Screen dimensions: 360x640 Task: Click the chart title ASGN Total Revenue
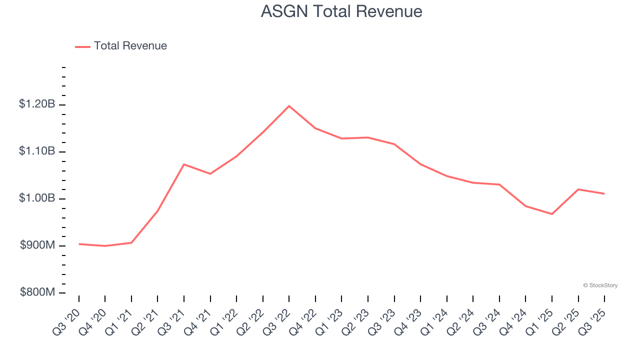[x=341, y=11]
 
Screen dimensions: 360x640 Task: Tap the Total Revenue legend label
[x=130, y=46]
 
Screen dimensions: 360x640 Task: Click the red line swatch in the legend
[x=82, y=46]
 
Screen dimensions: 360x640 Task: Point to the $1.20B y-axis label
[x=37, y=104]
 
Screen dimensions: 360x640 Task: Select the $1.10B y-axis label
[x=37, y=151]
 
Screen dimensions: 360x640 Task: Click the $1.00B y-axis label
[x=37, y=198]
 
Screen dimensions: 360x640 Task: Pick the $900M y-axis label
[x=37, y=245]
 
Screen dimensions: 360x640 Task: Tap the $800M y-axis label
[x=37, y=292]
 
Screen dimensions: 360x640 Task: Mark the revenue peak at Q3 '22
[x=289, y=106]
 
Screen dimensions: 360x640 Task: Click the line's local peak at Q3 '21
[x=184, y=164]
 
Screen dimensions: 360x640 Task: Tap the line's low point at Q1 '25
[x=552, y=214]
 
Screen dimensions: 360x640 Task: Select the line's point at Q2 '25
[x=578, y=189]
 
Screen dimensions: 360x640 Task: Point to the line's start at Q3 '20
[x=79, y=244]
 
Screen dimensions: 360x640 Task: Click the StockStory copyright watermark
[x=600, y=285]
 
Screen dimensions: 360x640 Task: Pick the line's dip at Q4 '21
[x=210, y=173]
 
